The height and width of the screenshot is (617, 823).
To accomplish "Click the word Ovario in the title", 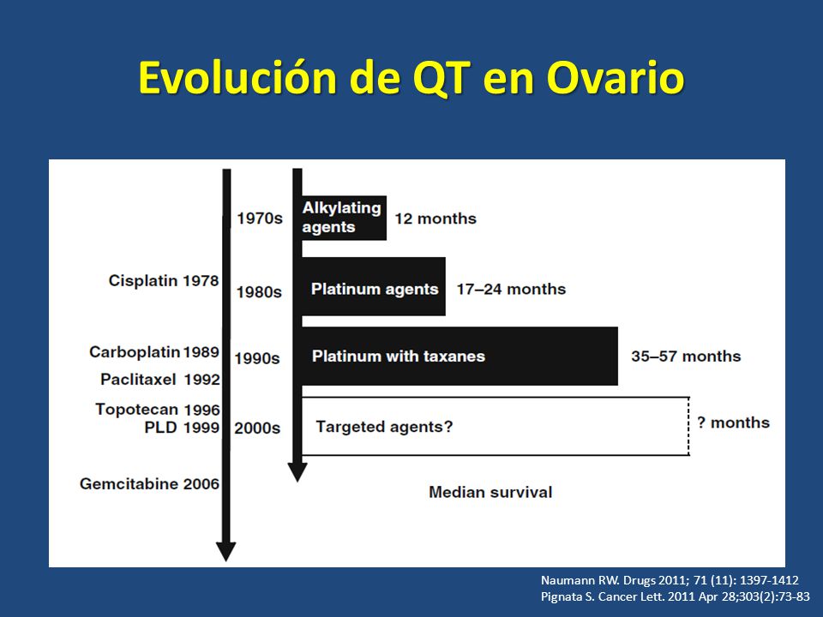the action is [x=616, y=78].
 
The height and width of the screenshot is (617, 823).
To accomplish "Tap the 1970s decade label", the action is [x=259, y=218].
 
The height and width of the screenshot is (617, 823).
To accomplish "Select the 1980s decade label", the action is [x=259, y=291].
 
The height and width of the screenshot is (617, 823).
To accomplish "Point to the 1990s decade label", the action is [x=257, y=358].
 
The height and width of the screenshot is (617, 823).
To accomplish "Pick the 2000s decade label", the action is [x=257, y=428].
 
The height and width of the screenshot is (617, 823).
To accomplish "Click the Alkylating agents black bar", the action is [x=345, y=218].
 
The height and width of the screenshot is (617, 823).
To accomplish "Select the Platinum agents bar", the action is [x=374, y=286].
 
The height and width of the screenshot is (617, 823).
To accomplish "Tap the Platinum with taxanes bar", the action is [x=460, y=356].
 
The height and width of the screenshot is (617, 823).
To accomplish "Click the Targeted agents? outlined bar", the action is [x=496, y=426].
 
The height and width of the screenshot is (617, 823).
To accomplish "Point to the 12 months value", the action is [x=436, y=219].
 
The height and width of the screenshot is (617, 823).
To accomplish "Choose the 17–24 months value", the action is [x=511, y=289].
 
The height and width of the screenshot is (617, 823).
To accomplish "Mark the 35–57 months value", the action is [x=686, y=356].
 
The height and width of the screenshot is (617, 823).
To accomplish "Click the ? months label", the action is [x=733, y=422].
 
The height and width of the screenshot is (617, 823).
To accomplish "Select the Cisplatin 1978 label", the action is [x=164, y=281].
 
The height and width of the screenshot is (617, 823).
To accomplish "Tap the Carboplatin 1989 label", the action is [x=154, y=351].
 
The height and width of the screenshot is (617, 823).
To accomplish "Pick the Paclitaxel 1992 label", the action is [x=160, y=379].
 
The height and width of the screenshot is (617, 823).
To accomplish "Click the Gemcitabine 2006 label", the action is [x=149, y=483].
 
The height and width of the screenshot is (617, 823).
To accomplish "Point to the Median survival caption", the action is [x=490, y=492].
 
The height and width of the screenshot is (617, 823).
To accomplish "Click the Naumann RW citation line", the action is [x=670, y=580].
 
